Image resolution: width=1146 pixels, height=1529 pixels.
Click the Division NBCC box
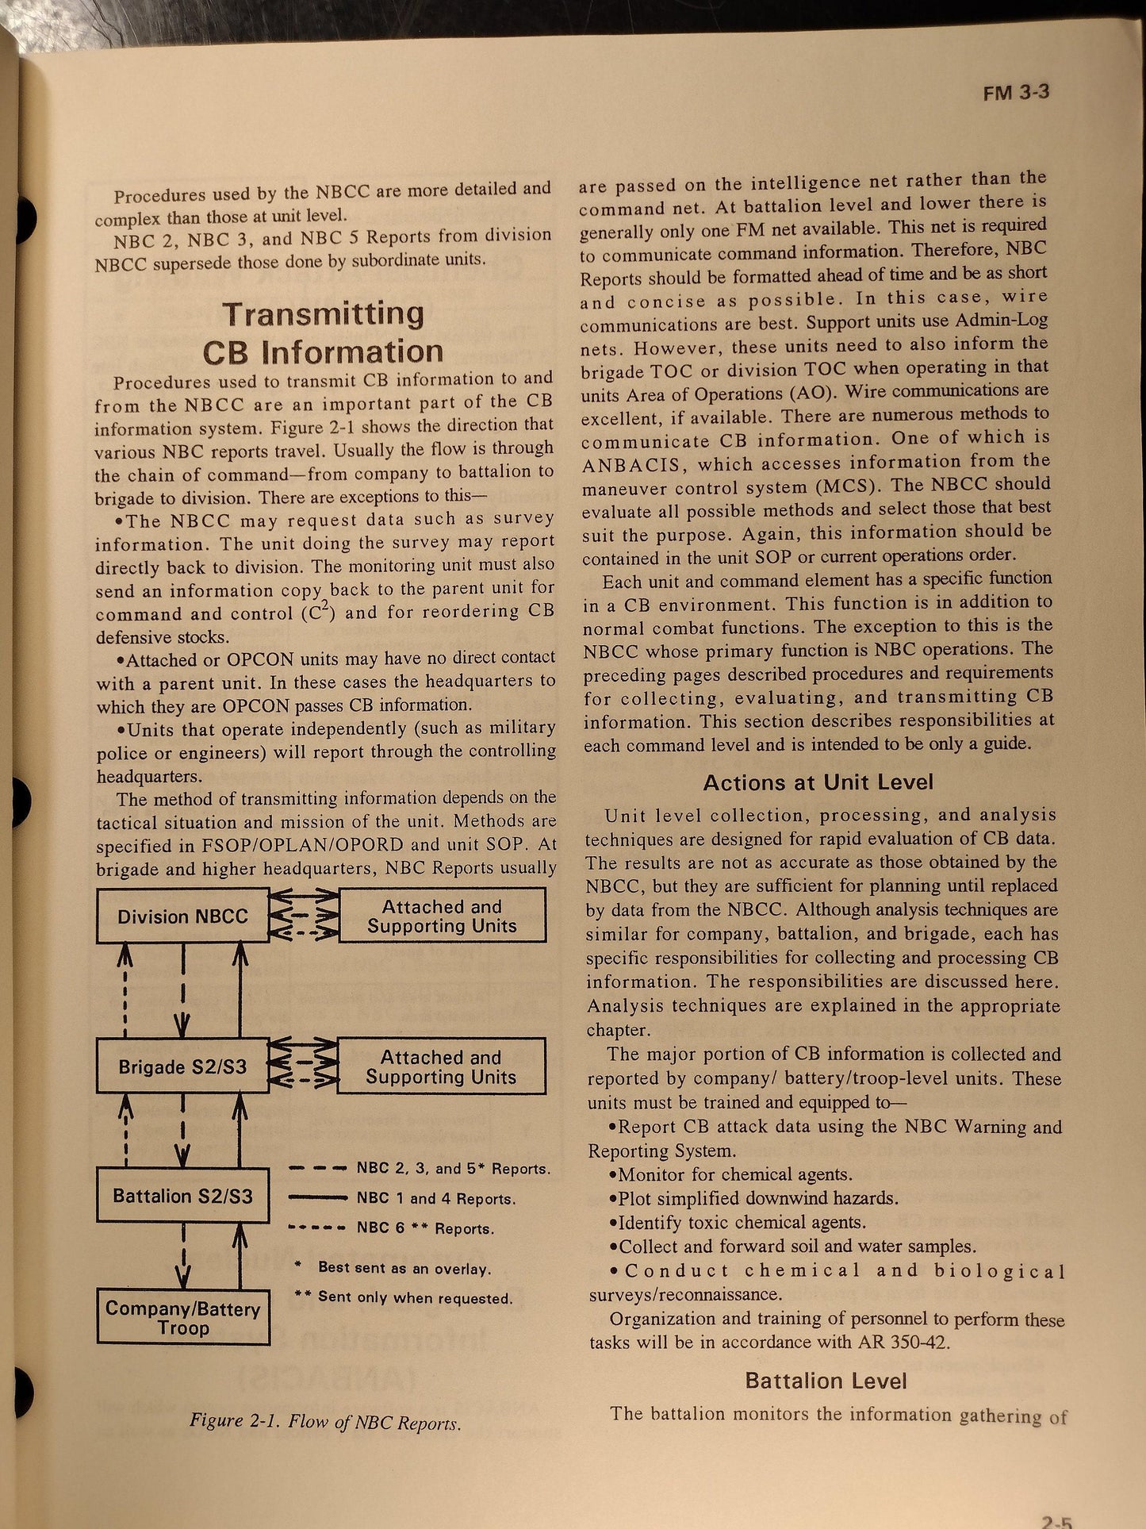pyautogui.click(x=182, y=916)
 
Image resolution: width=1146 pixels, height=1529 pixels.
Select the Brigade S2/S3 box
pyautogui.click(x=182, y=1066)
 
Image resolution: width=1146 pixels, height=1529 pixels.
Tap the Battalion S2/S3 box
pyautogui.click(x=182, y=1195)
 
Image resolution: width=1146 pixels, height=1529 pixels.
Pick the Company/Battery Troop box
pyautogui.click(x=183, y=1317)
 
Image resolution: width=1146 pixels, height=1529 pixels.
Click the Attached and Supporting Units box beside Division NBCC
pyautogui.click(x=442, y=916)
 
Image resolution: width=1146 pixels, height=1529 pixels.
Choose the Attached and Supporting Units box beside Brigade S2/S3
pyautogui.click(x=441, y=1067)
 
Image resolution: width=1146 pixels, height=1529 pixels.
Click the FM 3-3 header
pyautogui.click(x=1016, y=92)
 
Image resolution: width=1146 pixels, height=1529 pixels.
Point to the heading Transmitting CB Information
pyautogui.click(x=323, y=332)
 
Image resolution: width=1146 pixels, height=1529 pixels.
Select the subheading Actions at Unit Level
pyautogui.click(x=818, y=782)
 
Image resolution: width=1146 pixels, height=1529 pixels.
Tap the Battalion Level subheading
pyautogui.click(x=826, y=1381)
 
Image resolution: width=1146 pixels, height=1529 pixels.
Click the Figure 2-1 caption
pyautogui.click(x=324, y=1421)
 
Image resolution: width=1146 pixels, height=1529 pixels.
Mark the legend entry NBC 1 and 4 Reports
pyautogui.click(x=435, y=1198)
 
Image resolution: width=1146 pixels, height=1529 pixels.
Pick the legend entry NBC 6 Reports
pyautogui.click(x=424, y=1228)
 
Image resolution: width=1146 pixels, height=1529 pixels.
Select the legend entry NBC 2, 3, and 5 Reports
pyautogui.click(x=453, y=1168)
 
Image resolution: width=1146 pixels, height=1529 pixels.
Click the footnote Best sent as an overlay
pyautogui.click(x=404, y=1268)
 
